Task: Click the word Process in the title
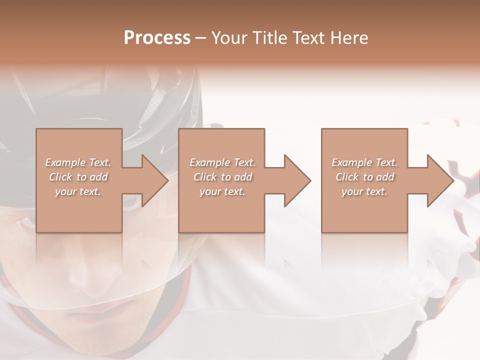(x=157, y=38)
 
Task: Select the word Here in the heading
(x=349, y=38)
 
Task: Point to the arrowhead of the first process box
(x=155, y=180)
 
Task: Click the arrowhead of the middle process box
(x=298, y=180)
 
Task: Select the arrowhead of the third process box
(x=440, y=180)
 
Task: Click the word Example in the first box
(x=64, y=162)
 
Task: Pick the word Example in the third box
(x=350, y=162)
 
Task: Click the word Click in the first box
(x=60, y=177)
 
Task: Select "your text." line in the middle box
(x=222, y=192)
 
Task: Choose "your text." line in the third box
(x=364, y=192)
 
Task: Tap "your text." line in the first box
(x=78, y=192)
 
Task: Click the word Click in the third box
(x=347, y=177)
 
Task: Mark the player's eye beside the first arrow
(x=131, y=202)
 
